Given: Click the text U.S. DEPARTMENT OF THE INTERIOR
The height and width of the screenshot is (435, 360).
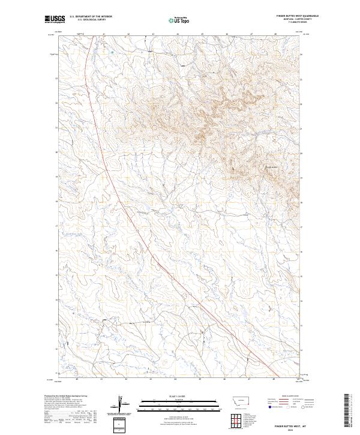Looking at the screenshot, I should point(91,16).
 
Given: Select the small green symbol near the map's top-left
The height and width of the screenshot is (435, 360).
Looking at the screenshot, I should point(112,52).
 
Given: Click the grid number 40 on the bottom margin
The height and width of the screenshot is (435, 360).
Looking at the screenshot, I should point(77,379).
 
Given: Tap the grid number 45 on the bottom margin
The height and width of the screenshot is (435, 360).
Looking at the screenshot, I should point(202,379).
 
